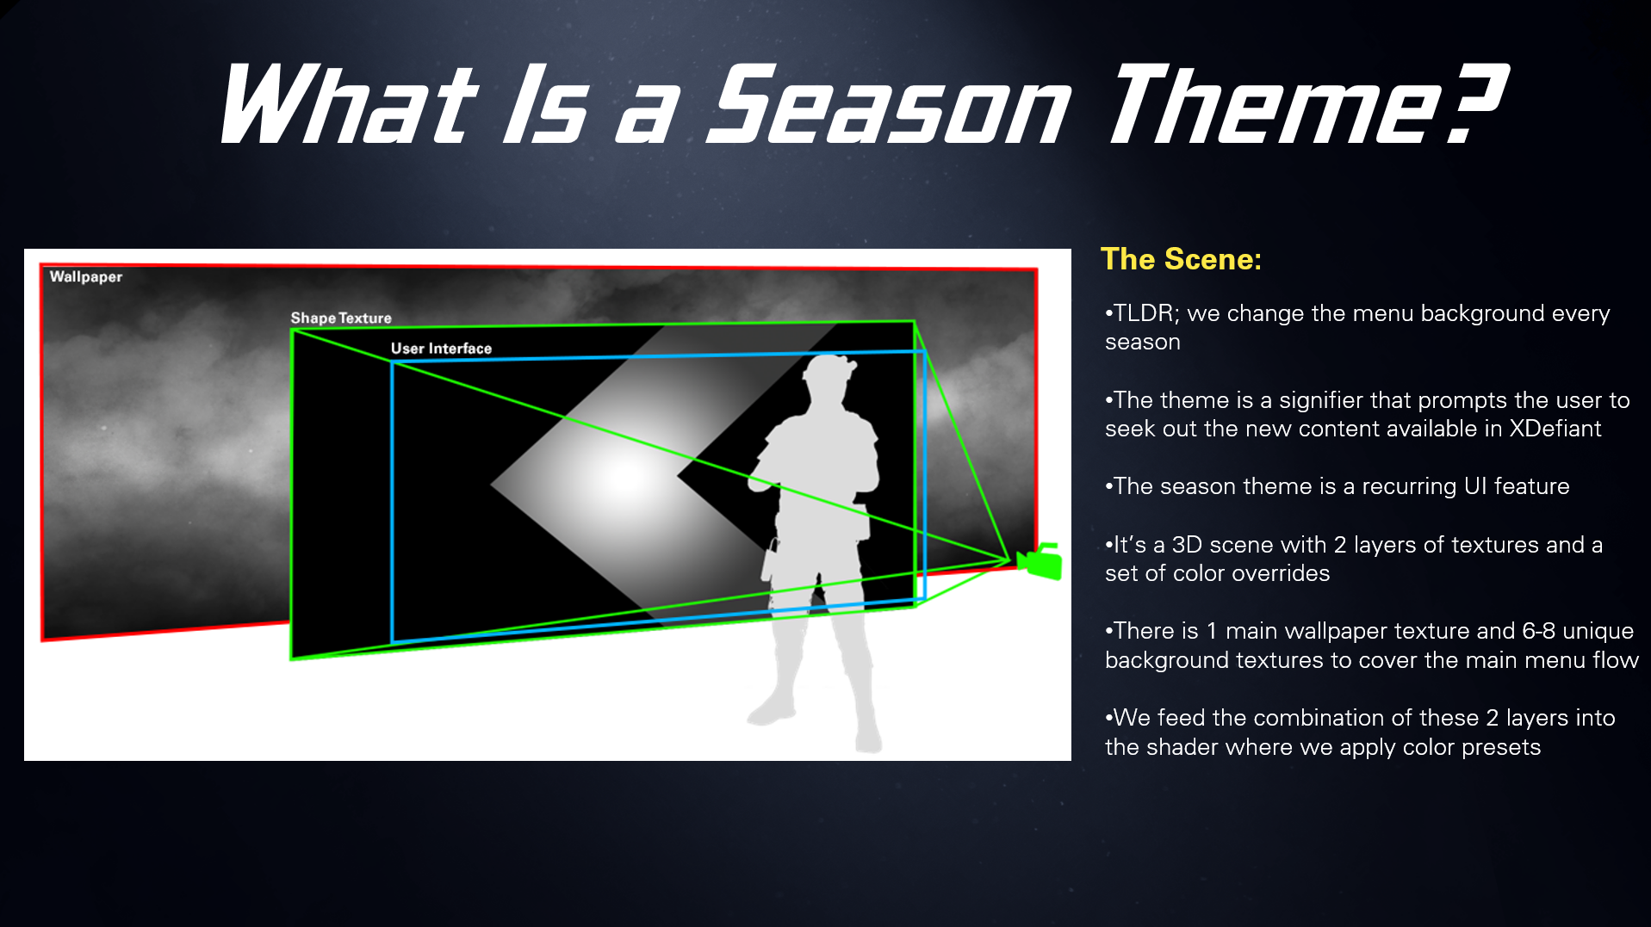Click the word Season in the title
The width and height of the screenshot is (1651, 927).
point(887,105)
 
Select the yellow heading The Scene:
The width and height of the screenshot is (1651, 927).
point(1181,259)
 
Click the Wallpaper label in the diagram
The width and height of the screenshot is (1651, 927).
point(86,277)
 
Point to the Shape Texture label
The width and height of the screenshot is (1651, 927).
point(341,318)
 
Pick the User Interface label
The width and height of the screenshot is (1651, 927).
point(441,349)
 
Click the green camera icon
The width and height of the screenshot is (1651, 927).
point(1040,561)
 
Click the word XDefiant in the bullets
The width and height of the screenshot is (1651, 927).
point(1555,429)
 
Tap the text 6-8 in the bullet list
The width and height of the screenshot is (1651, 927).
point(1538,631)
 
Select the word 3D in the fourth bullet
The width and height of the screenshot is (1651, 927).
point(1187,545)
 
